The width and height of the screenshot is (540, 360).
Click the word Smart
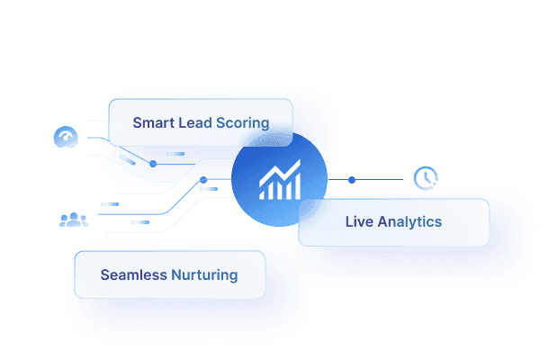(153, 123)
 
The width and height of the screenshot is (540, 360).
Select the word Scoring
(243, 123)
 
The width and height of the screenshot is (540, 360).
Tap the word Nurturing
(204, 274)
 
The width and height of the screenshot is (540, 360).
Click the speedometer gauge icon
(65, 138)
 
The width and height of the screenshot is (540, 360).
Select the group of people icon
(72, 219)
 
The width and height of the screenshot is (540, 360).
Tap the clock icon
(424, 177)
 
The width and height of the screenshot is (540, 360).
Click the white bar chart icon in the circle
(280, 183)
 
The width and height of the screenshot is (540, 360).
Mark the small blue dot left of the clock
(352, 180)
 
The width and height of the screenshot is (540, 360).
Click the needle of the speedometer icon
(66, 139)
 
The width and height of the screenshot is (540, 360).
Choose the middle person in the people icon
(72, 218)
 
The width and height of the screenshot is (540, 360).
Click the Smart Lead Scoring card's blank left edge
(118, 123)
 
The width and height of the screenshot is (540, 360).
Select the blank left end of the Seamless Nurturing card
(85, 274)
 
